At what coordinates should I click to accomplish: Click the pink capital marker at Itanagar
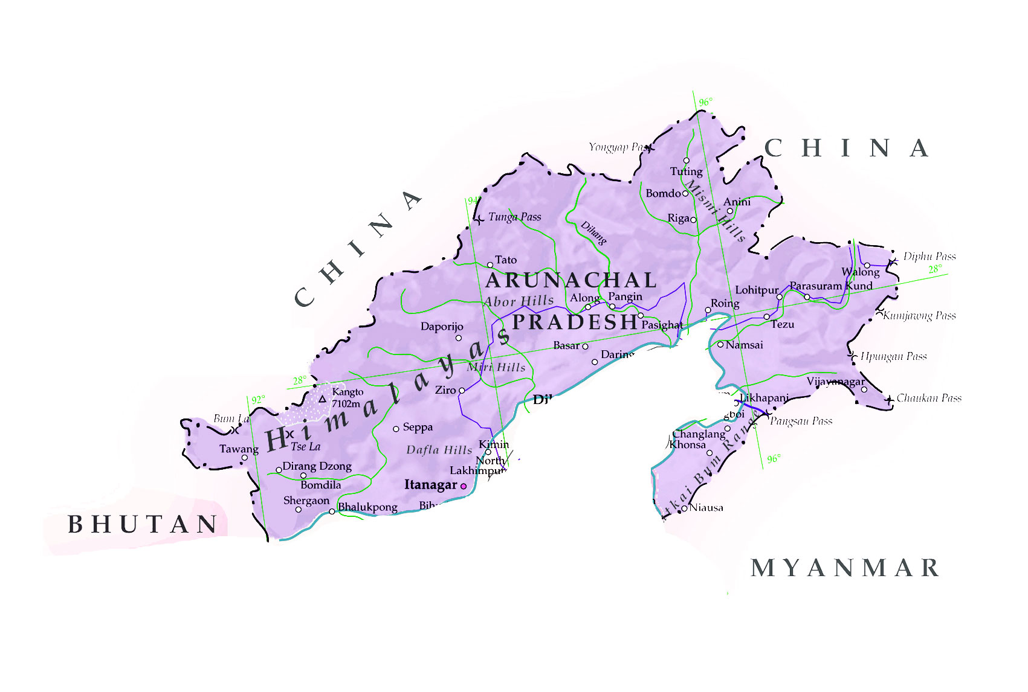[464, 486]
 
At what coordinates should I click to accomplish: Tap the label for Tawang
[238, 449]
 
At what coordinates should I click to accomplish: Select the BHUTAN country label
[143, 524]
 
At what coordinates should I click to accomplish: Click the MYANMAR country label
[845, 568]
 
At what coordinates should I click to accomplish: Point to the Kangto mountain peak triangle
[322, 399]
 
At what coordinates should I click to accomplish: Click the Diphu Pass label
[929, 256]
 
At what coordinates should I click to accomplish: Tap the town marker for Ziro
[462, 391]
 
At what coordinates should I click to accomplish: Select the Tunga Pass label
[514, 217]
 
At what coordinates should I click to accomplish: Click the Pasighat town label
[662, 325]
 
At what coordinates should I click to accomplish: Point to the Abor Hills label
[519, 301]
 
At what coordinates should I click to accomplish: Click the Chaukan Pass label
[928, 398]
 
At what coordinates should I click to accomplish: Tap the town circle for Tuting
[686, 161]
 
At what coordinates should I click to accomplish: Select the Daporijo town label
[442, 327]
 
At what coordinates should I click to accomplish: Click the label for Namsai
[744, 345]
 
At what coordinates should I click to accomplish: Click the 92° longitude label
[258, 400]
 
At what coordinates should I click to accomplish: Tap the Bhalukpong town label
[367, 507]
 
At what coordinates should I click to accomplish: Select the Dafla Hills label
[439, 450]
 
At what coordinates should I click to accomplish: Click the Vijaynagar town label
[835, 382]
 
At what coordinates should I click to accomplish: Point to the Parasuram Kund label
[830, 286]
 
